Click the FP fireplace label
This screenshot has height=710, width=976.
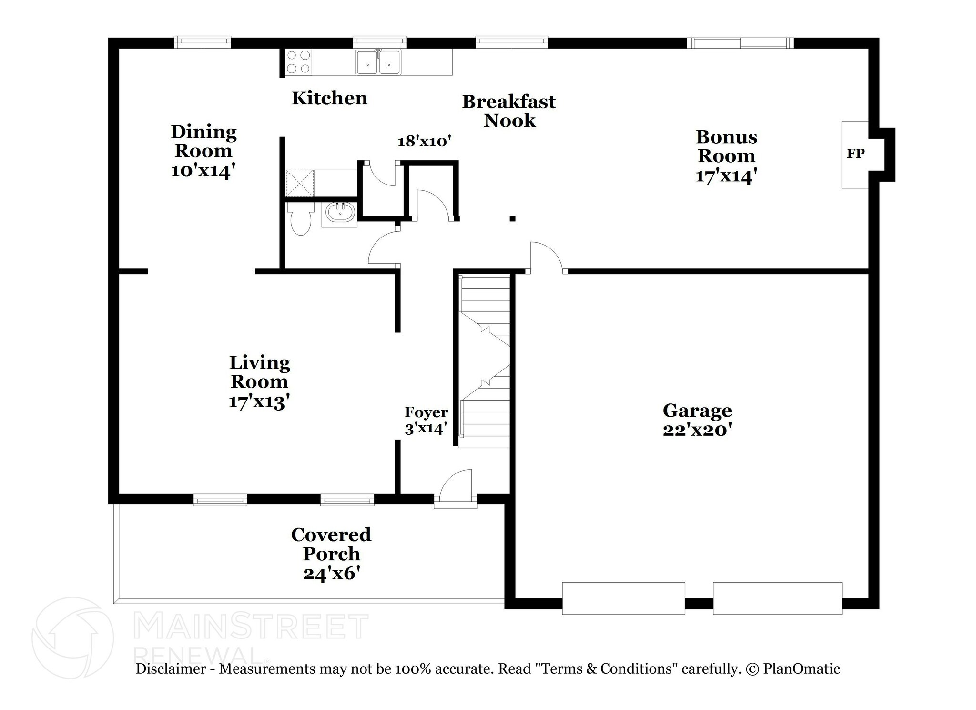[x=855, y=154]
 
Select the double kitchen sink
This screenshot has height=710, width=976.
[x=378, y=62]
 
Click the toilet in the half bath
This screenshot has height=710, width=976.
[x=300, y=219]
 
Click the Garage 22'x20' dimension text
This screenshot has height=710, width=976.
[x=697, y=430]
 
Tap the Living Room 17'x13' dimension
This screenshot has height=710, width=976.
[x=260, y=401]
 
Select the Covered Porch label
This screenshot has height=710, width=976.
[x=331, y=544]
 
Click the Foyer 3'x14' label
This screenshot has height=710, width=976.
[x=426, y=420]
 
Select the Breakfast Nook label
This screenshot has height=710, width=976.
[x=509, y=111]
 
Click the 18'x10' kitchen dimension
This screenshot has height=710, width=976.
[x=424, y=141]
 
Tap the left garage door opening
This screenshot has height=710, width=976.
[x=623, y=598]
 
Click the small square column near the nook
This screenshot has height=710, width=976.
[x=512, y=219]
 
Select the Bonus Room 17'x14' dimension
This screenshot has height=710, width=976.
[x=726, y=176]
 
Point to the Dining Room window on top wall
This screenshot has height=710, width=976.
[x=203, y=42]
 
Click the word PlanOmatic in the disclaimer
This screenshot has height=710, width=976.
[x=801, y=669]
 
